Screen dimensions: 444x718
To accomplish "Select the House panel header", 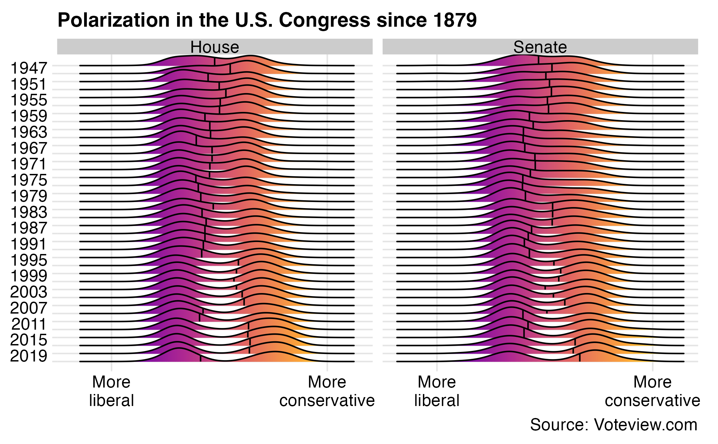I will click(x=215, y=47).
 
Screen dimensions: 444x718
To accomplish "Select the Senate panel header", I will click(x=540, y=47).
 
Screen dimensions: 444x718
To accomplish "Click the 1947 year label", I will click(x=29, y=68).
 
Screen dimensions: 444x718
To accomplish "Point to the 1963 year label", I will click(x=29, y=132).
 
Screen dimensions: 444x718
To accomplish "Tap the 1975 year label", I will click(x=29, y=180).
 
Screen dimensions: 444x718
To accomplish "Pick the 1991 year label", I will click(x=29, y=244).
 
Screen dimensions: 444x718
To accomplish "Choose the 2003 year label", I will click(x=29, y=292).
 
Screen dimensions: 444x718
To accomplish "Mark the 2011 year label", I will click(x=29, y=324).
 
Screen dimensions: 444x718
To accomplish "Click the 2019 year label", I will click(x=29, y=356).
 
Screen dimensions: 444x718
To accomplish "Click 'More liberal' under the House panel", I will click(x=111, y=391).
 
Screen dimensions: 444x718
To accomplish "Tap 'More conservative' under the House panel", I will click(x=327, y=391).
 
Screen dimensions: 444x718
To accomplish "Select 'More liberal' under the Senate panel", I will click(x=437, y=391).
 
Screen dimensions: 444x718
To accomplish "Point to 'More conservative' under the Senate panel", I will click(x=652, y=391).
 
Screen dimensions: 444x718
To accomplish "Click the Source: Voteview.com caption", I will click(x=613, y=425).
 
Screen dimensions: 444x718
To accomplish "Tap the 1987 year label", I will click(x=29, y=228).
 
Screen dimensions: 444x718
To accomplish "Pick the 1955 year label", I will click(x=29, y=100).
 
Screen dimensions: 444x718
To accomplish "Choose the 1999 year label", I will click(x=29, y=276).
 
